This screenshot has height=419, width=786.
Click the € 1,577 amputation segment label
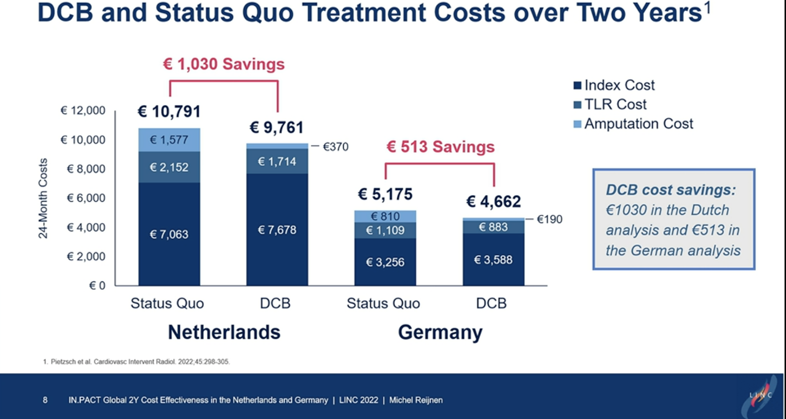169,140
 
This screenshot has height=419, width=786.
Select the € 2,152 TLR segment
169,167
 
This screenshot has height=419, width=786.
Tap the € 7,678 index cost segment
277,230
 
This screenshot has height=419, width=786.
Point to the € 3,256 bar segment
385,262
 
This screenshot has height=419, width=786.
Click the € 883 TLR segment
493,227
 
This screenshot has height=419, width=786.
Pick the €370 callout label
335,147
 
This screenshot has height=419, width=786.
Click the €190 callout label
550,219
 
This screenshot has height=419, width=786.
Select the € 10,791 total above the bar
169,112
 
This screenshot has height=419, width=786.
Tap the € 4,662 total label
493,201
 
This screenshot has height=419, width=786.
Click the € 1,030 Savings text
224,64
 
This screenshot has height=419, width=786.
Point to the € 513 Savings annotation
440,147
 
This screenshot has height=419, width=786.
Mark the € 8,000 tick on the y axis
86,169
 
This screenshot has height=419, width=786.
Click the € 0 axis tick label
97,285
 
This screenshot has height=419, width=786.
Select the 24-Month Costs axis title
43,198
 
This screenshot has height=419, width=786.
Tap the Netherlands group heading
224,332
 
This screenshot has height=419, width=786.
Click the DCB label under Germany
491,303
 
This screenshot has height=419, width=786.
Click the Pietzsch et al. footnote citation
137,361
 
